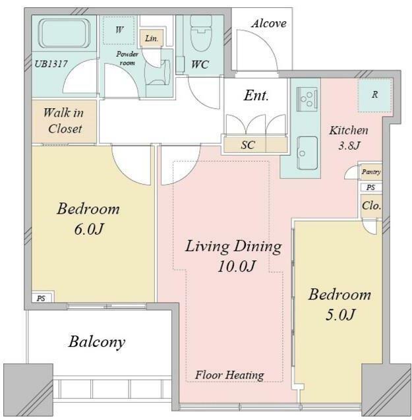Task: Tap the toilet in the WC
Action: (x=200, y=34)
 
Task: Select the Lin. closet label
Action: (x=152, y=38)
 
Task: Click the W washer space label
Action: (x=119, y=30)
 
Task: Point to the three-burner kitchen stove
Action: (x=307, y=99)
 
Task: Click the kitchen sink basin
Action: (x=307, y=153)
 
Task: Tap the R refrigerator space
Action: (x=375, y=95)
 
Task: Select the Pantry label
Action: (x=370, y=171)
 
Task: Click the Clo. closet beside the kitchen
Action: (x=371, y=206)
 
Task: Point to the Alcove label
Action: (x=269, y=24)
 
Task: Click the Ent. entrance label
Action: (x=256, y=96)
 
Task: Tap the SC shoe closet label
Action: (x=247, y=145)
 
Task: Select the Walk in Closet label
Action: (x=65, y=121)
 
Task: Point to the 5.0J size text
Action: (x=340, y=315)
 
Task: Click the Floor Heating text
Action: (x=229, y=375)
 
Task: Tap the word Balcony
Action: (x=97, y=342)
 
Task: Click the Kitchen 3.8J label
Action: (x=349, y=138)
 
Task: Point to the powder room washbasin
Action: (x=158, y=73)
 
